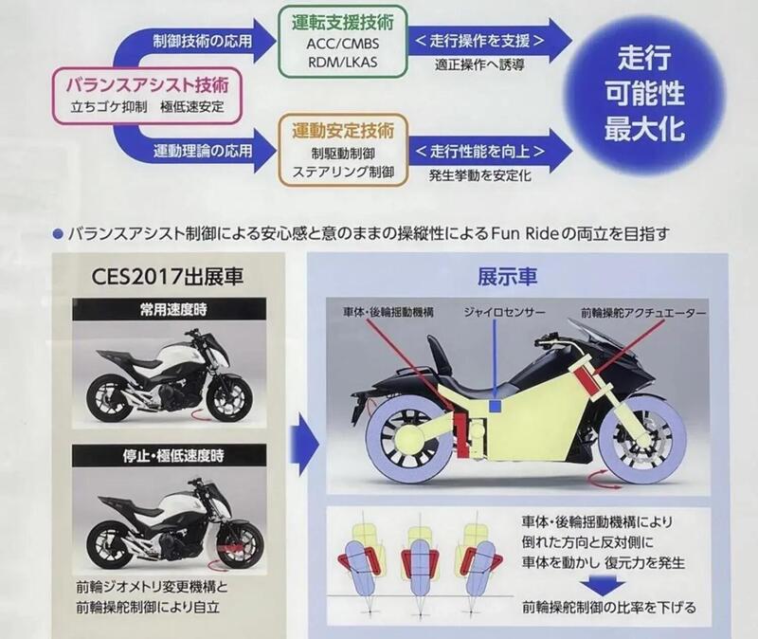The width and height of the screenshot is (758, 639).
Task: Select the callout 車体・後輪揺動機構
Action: point(384,312)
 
